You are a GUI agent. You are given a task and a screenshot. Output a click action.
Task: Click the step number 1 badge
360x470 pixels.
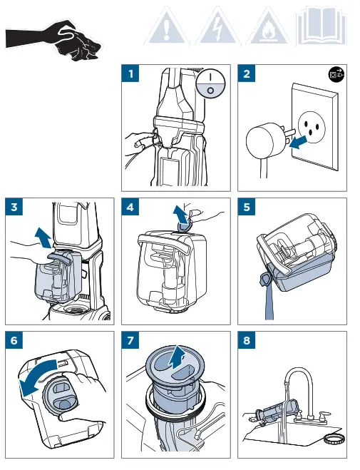pyautogui.click(x=130, y=73)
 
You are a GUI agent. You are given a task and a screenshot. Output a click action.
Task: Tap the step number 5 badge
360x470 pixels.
pyautogui.click(x=247, y=207)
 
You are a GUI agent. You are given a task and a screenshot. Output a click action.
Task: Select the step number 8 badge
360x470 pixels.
pyautogui.click(x=247, y=340)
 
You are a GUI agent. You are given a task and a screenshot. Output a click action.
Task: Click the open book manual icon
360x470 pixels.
pyautogui.click(x=322, y=26)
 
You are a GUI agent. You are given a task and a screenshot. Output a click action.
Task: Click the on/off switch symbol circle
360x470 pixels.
pyautogui.click(x=210, y=83)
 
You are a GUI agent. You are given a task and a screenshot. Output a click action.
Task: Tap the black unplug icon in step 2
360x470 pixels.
pyautogui.click(x=336, y=73)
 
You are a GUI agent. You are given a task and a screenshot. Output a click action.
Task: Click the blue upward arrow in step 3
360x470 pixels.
pyautogui.click(x=43, y=237)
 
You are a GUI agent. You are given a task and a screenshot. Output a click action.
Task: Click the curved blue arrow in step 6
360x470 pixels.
pyautogui.click(x=36, y=378)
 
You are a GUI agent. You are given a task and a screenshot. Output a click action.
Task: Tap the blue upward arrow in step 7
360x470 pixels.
pyautogui.click(x=176, y=357)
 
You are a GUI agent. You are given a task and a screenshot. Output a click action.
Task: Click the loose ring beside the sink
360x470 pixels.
pyautogui.click(x=334, y=440)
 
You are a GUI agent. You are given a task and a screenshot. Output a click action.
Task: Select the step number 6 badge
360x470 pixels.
pyautogui.click(x=14, y=340)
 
